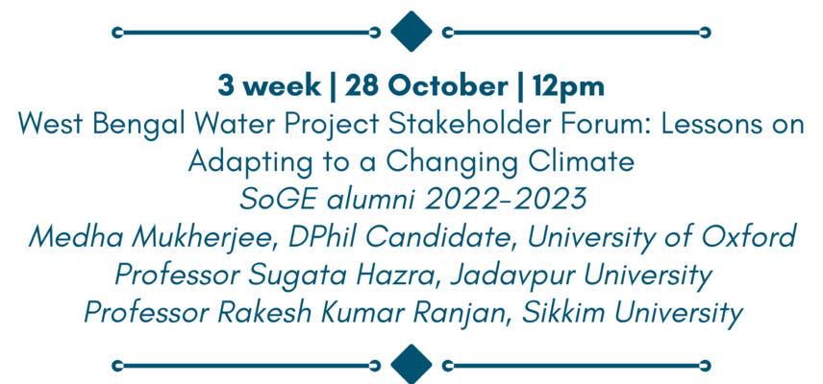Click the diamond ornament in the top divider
pos(411,32)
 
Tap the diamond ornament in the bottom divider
pos(411,365)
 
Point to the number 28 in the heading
pos(362,86)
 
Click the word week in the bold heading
pos(283,86)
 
